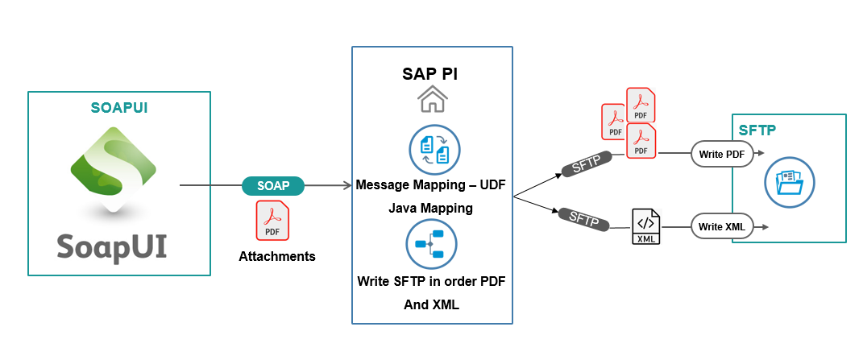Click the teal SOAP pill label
[x=273, y=186]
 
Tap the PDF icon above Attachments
[x=272, y=220]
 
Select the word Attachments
[x=277, y=256]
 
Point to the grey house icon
[x=432, y=100]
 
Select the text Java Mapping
[x=430, y=209]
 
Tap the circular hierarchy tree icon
[x=432, y=244]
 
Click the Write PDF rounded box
[x=721, y=155]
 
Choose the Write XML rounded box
[x=721, y=226]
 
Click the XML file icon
[x=646, y=226]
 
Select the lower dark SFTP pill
[x=584, y=218]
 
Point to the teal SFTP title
[x=757, y=130]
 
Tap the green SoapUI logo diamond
[x=114, y=170]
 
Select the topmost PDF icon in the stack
[x=641, y=105]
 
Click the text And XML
[x=432, y=304]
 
